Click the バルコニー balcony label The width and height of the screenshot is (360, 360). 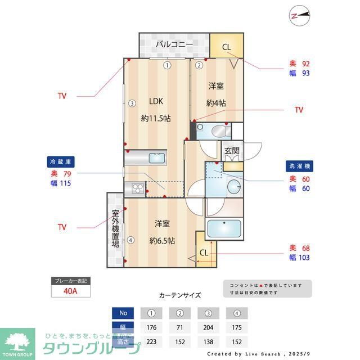pyautogui.click(x=174, y=44)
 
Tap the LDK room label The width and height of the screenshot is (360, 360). pyautogui.click(x=155, y=102)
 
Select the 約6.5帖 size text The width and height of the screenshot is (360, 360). pyautogui.click(x=162, y=241)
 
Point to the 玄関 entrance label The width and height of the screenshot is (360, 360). pyautogui.click(x=232, y=151)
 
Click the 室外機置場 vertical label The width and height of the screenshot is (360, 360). pyautogui.click(x=115, y=229)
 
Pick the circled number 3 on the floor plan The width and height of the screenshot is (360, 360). pyautogui.click(x=131, y=103)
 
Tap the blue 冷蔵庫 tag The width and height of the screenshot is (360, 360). pyautogui.click(x=61, y=162)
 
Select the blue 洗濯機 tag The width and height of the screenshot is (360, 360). pyautogui.click(x=298, y=167)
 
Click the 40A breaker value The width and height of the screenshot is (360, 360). pyautogui.click(x=71, y=291)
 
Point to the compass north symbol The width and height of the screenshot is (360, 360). pyautogui.click(x=299, y=16)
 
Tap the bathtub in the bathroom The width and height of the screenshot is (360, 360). pyautogui.click(x=224, y=229)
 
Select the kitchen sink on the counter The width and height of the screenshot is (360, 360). pyautogui.click(x=157, y=159)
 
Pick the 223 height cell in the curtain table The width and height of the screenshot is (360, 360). pyautogui.click(x=151, y=341)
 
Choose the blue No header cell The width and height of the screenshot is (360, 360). pyautogui.click(x=123, y=313)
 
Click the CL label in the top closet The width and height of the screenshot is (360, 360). pyautogui.click(x=226, y=47)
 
